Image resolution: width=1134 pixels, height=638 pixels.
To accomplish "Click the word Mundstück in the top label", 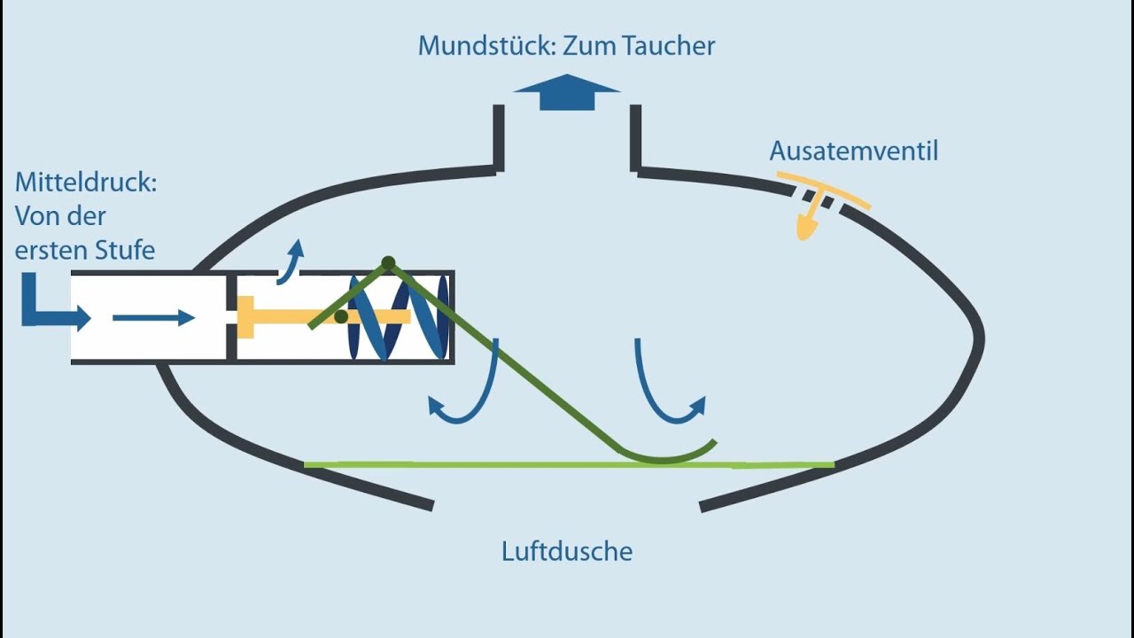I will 485,46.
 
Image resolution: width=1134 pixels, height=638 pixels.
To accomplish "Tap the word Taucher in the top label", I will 670,46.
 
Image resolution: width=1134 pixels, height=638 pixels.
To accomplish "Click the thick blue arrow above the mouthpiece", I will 567,93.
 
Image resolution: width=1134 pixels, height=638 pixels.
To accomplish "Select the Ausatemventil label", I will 853,152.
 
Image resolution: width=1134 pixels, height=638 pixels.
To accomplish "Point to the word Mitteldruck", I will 85,183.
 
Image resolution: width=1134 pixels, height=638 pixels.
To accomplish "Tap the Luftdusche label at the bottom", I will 567,552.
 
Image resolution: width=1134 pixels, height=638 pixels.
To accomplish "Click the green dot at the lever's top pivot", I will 388,263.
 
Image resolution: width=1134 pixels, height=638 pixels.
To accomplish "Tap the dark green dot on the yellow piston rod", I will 341,316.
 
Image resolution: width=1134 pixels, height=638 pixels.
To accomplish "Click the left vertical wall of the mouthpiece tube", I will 499,137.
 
